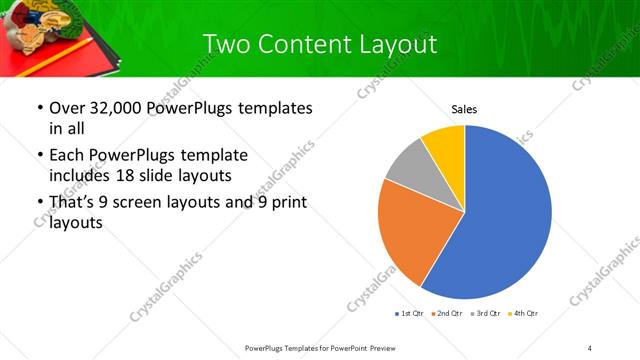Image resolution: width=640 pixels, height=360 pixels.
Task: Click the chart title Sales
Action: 464,108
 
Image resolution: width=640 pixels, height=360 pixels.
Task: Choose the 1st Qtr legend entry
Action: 411,314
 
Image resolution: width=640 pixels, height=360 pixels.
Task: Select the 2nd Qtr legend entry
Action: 447,314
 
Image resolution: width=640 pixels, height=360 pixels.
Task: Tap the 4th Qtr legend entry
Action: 523,314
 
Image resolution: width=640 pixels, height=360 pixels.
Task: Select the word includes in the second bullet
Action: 83,176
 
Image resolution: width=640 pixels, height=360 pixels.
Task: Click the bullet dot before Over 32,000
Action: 39,108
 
